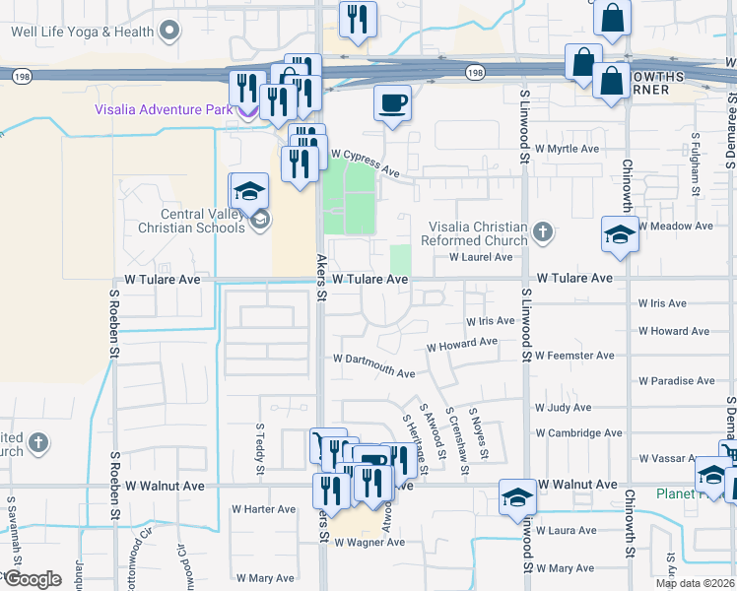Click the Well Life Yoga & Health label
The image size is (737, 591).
click(83, 32)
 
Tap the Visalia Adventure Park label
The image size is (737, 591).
click(164, 109)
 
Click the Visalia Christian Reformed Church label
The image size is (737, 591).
click(474, 233)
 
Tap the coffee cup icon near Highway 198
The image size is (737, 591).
click(393, 103)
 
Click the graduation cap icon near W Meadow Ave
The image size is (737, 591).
click(619, 236)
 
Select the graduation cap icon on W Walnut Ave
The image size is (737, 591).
click(517, 496)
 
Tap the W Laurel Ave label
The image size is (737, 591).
click(481, 257)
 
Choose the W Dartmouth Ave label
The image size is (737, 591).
click(373, 365)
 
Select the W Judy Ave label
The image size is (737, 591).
click(563, 407)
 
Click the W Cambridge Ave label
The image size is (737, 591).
click(578, 432)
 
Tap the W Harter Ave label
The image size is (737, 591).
click(263, 509)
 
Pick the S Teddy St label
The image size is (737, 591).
click(260, 441)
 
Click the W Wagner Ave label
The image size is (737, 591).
click(369, 543)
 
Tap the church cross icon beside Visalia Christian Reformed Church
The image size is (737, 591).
click(541, 233)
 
